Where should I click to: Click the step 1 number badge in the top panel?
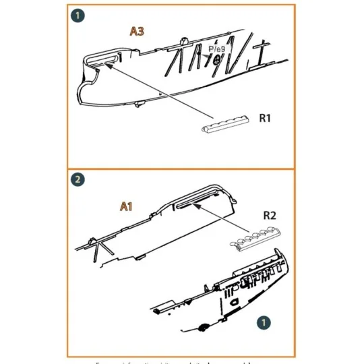(x=79, y=15)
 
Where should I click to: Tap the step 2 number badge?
(x=78, y=179)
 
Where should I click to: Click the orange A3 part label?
(x=137, y=31)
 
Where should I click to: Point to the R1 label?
(x=265, y=119)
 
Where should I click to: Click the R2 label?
(x=269, y=217)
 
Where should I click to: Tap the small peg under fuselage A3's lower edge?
(x=140, y=105)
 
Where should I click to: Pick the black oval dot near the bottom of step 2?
(x=202, y=328)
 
